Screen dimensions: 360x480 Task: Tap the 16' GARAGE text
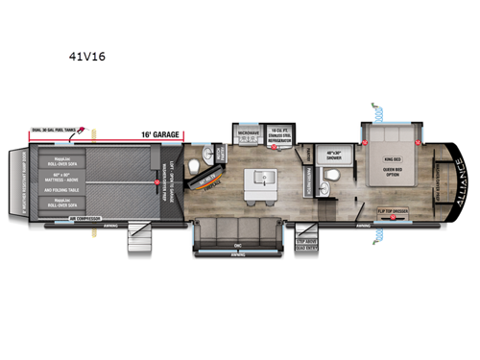pyautogui.click(x=159, y=136)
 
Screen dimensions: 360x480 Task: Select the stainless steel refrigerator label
pyautogui.click(x=279, y=137)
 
